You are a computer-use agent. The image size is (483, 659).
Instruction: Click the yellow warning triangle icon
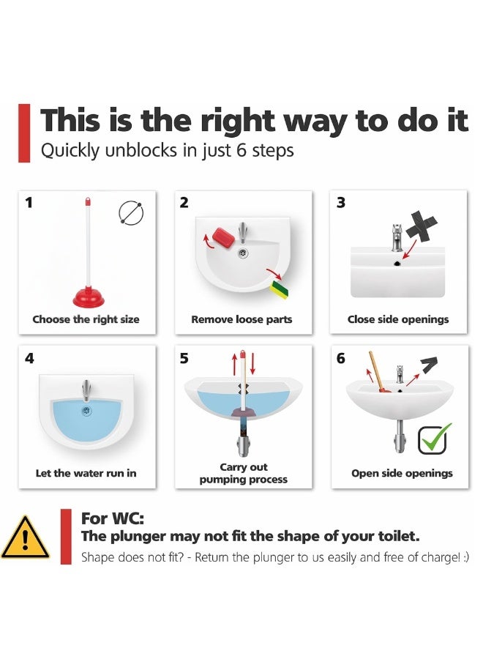tap(25, 537)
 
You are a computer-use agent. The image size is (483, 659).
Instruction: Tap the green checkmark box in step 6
tap(433, 439)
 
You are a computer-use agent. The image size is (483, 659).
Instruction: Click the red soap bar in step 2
tap(223, 237)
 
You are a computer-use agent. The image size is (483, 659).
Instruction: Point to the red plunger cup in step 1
tap(89, 297)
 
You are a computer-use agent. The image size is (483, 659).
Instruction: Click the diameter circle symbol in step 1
tap(131, 213)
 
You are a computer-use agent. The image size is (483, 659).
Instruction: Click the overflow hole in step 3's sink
tap(397, 264)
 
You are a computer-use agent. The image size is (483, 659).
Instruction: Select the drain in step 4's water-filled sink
tap(86, 411)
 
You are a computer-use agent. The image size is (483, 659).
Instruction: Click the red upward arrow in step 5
tap(234, 364)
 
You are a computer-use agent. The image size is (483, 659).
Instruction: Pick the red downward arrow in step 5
tap(252, 364)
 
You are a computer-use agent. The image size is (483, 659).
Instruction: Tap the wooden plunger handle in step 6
tap(375, 370)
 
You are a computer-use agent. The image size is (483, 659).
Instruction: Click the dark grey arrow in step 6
tap(429, 365)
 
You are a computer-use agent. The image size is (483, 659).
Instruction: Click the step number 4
tap(29, 359)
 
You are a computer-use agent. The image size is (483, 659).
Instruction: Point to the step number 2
tap(184, 203)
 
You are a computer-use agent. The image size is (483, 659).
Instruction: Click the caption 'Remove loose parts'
tap(241, 319)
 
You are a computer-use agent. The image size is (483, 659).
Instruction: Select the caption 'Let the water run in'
tap(86, 473)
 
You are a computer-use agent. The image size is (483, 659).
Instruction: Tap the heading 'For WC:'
tap(113, 518)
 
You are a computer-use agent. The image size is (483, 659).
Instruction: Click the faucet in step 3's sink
tap(397, 237)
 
